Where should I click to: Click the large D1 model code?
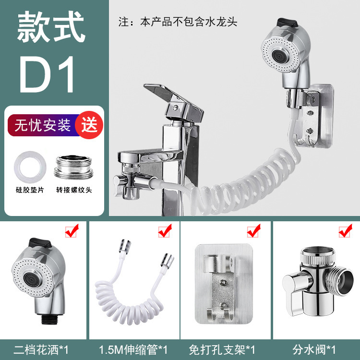47,74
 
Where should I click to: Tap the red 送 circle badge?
89,125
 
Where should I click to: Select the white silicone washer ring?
30,168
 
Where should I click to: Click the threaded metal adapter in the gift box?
74,167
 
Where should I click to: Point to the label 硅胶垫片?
30,190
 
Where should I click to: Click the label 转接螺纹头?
74,190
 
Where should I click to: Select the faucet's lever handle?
174,102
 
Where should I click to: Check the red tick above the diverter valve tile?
346,231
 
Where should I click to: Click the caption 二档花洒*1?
41,350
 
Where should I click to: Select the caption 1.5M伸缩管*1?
133,350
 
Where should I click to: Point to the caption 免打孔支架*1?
222,350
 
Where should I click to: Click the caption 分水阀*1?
314,350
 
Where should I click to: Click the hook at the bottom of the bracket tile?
220,314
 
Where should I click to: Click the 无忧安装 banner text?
42,125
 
